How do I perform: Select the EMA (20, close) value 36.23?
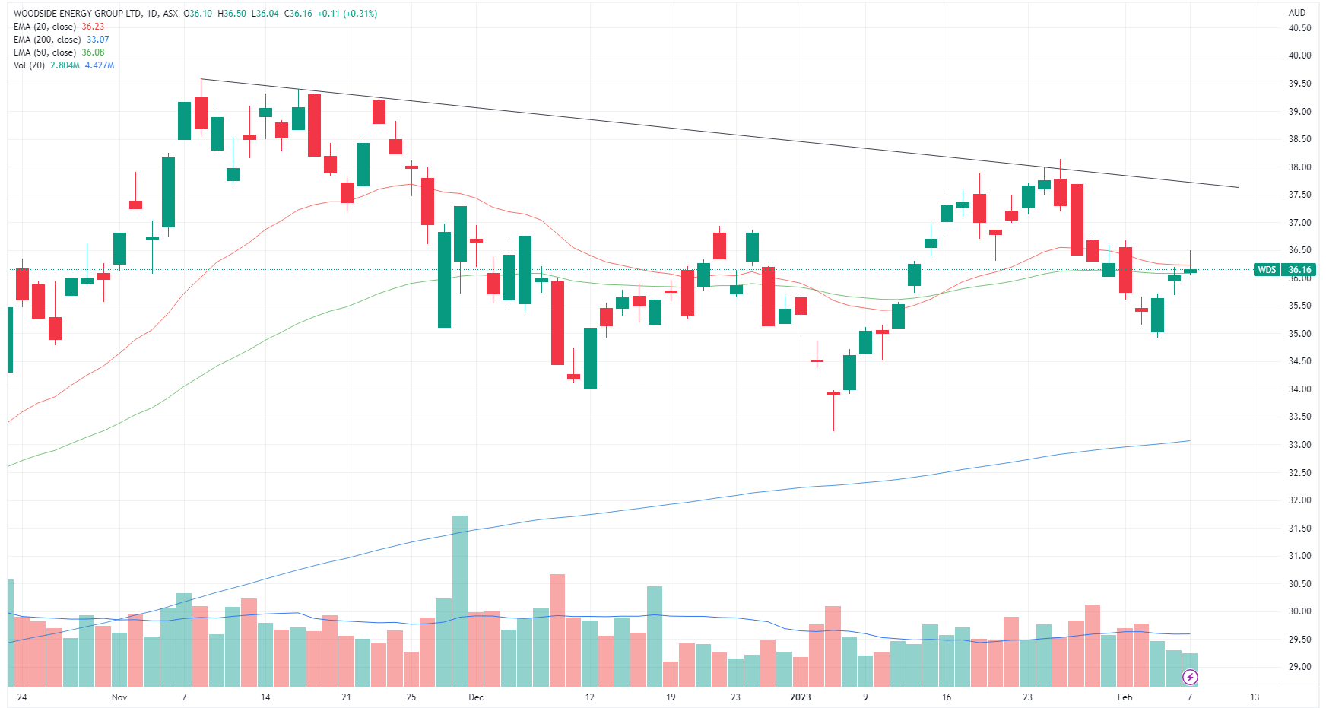click(x=93, y=27)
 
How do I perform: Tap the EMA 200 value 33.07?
click(x=97, y=40)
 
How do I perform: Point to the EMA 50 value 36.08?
click(x=93, y=52)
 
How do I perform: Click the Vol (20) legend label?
click(x=29, y=65)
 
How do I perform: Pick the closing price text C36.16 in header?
click(x=298, y=14)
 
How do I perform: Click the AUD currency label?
click(x=1296, y=13)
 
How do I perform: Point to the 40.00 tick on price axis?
click(x=1299, y=56)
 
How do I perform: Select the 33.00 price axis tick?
click(x=1299, y=445)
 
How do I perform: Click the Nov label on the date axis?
click(x=119, y=697)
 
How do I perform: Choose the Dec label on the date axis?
click(x=476, y=697)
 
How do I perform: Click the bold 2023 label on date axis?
click(x=801, y=697)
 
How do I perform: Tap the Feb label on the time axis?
click(x=1125, y=697)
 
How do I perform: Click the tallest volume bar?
click(x=460, y=601)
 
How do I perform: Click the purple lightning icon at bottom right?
click(x=1190, y=677)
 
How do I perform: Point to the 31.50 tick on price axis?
click(x=1299, y=529)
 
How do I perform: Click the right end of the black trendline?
click(x=1238, y=187)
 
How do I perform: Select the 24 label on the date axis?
click(x=22, y=697)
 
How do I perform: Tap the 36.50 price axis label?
click(x=1299, y=250)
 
